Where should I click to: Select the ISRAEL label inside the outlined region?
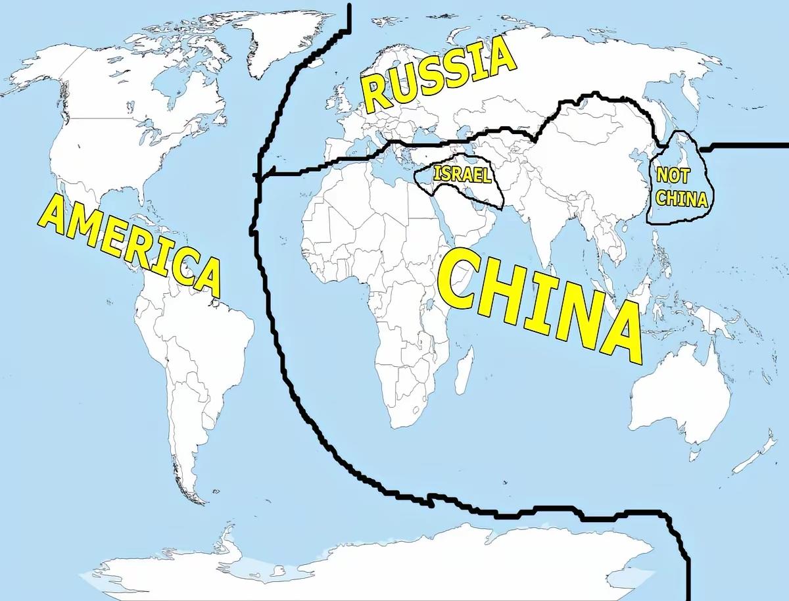(462, 175)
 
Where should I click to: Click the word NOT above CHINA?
(671, 177)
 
